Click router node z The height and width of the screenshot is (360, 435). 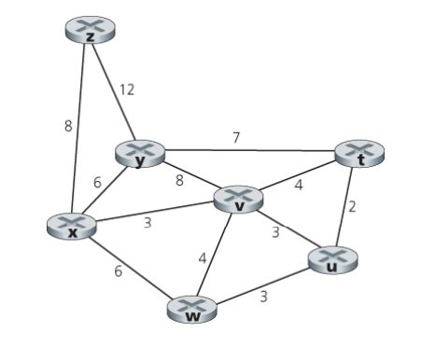(x=90, y=31)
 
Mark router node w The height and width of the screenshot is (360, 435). (x=193, y=310)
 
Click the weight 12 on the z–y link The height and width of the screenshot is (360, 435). (x=127, y=90)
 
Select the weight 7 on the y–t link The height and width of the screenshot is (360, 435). (x=236, y=137)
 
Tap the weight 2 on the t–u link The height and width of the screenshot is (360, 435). (x=352, y=207)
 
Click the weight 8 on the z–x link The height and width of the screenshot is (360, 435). (x=68, y=126)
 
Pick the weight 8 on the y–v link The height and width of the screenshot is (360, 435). (x=179, y=180)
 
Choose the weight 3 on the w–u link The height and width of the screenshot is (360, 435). (x=264, y=298)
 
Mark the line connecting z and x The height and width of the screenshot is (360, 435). (x=80, y=131)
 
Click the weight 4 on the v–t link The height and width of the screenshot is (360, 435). (x=299, y=185)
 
